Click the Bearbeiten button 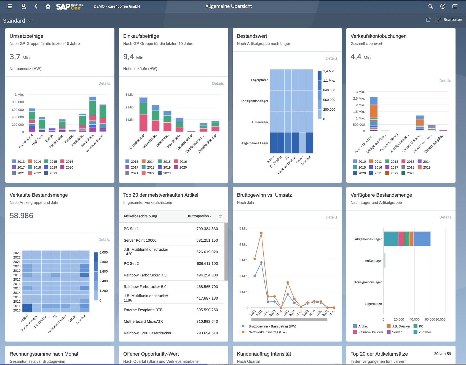(450, 20)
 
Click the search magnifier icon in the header (430, 6)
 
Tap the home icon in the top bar (48, 6)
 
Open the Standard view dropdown (17, 21)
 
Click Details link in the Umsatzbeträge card (104, 83)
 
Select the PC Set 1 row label (131, 229)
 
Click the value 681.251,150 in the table (207, 240)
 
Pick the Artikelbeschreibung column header (140, 216)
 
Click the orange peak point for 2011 (261, 233)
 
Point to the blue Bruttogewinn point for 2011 (261, 263)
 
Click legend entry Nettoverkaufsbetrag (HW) (267, 332)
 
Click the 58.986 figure (22, 215)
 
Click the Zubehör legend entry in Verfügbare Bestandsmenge (425, 332)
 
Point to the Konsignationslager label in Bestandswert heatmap (254, 101)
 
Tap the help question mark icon (443, 6)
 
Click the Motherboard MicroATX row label (143, 321)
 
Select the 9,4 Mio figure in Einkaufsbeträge (133, 57)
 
